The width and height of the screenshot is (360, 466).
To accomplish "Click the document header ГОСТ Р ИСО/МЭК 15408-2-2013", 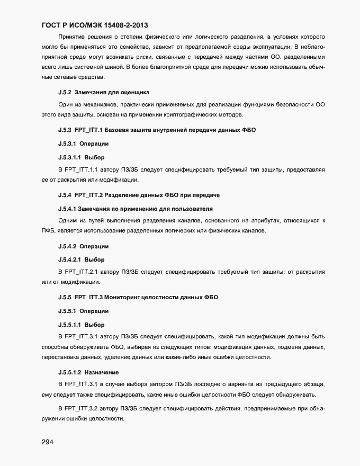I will [98, 25].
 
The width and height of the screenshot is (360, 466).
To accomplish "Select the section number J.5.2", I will [65, 92].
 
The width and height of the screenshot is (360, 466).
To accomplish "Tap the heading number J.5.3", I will [65, 131].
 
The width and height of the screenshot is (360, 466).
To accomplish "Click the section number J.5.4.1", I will [68, 209].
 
